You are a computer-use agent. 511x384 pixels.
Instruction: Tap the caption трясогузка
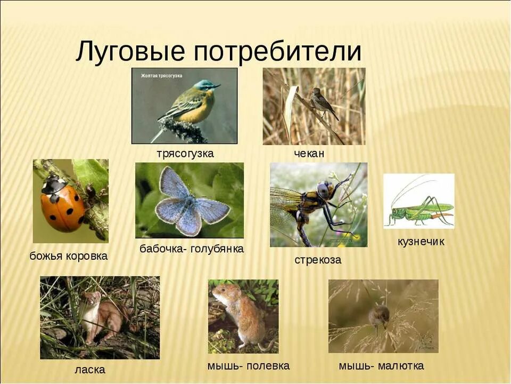[x=185, y=154]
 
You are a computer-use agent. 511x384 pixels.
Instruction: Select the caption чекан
[x=309, y=154]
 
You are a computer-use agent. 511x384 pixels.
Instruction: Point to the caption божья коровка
[x=68, y=256]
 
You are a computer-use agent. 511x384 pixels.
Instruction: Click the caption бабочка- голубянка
[x=192, y=249]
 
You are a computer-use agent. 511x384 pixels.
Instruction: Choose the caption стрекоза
[x=318, y=260]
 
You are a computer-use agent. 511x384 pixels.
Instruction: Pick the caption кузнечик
[x=421, y=242]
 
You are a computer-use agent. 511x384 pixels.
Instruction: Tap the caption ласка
[x=90, y=370]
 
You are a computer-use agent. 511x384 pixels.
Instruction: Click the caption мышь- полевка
[x=248, y=366]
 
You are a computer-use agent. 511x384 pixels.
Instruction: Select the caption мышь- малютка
[x=381, y=366]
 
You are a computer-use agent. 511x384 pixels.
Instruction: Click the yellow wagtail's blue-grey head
[x=204, y=85]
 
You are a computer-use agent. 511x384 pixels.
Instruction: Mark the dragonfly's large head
[x=324, y=190]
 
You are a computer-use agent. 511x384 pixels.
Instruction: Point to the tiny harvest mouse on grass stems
[x=378, y=316]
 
